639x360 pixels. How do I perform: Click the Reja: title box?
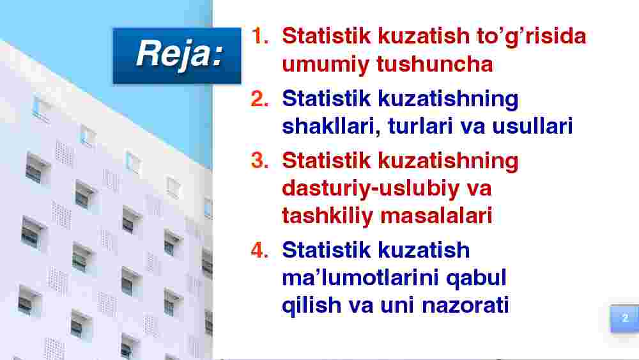[177, 56]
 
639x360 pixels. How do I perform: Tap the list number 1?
[260, 36]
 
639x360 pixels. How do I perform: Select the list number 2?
[260, 98]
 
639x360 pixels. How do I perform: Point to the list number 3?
[260, 160]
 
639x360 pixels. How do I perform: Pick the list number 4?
[260, 250]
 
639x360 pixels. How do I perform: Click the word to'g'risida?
[532, 36]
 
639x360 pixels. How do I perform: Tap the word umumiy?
[325, 65]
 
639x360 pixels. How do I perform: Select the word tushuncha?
[435, 64]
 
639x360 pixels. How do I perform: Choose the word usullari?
[532, 126]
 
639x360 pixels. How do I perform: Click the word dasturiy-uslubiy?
[371, 189]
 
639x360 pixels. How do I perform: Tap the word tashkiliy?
[327, 217]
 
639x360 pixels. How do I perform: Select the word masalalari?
[436, 215]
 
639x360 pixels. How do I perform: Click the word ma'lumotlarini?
[360, 278]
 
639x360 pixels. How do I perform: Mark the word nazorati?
[465, 306]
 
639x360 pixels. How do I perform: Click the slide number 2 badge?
[624, 318]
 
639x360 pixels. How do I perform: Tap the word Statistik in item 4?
[326, 250]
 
